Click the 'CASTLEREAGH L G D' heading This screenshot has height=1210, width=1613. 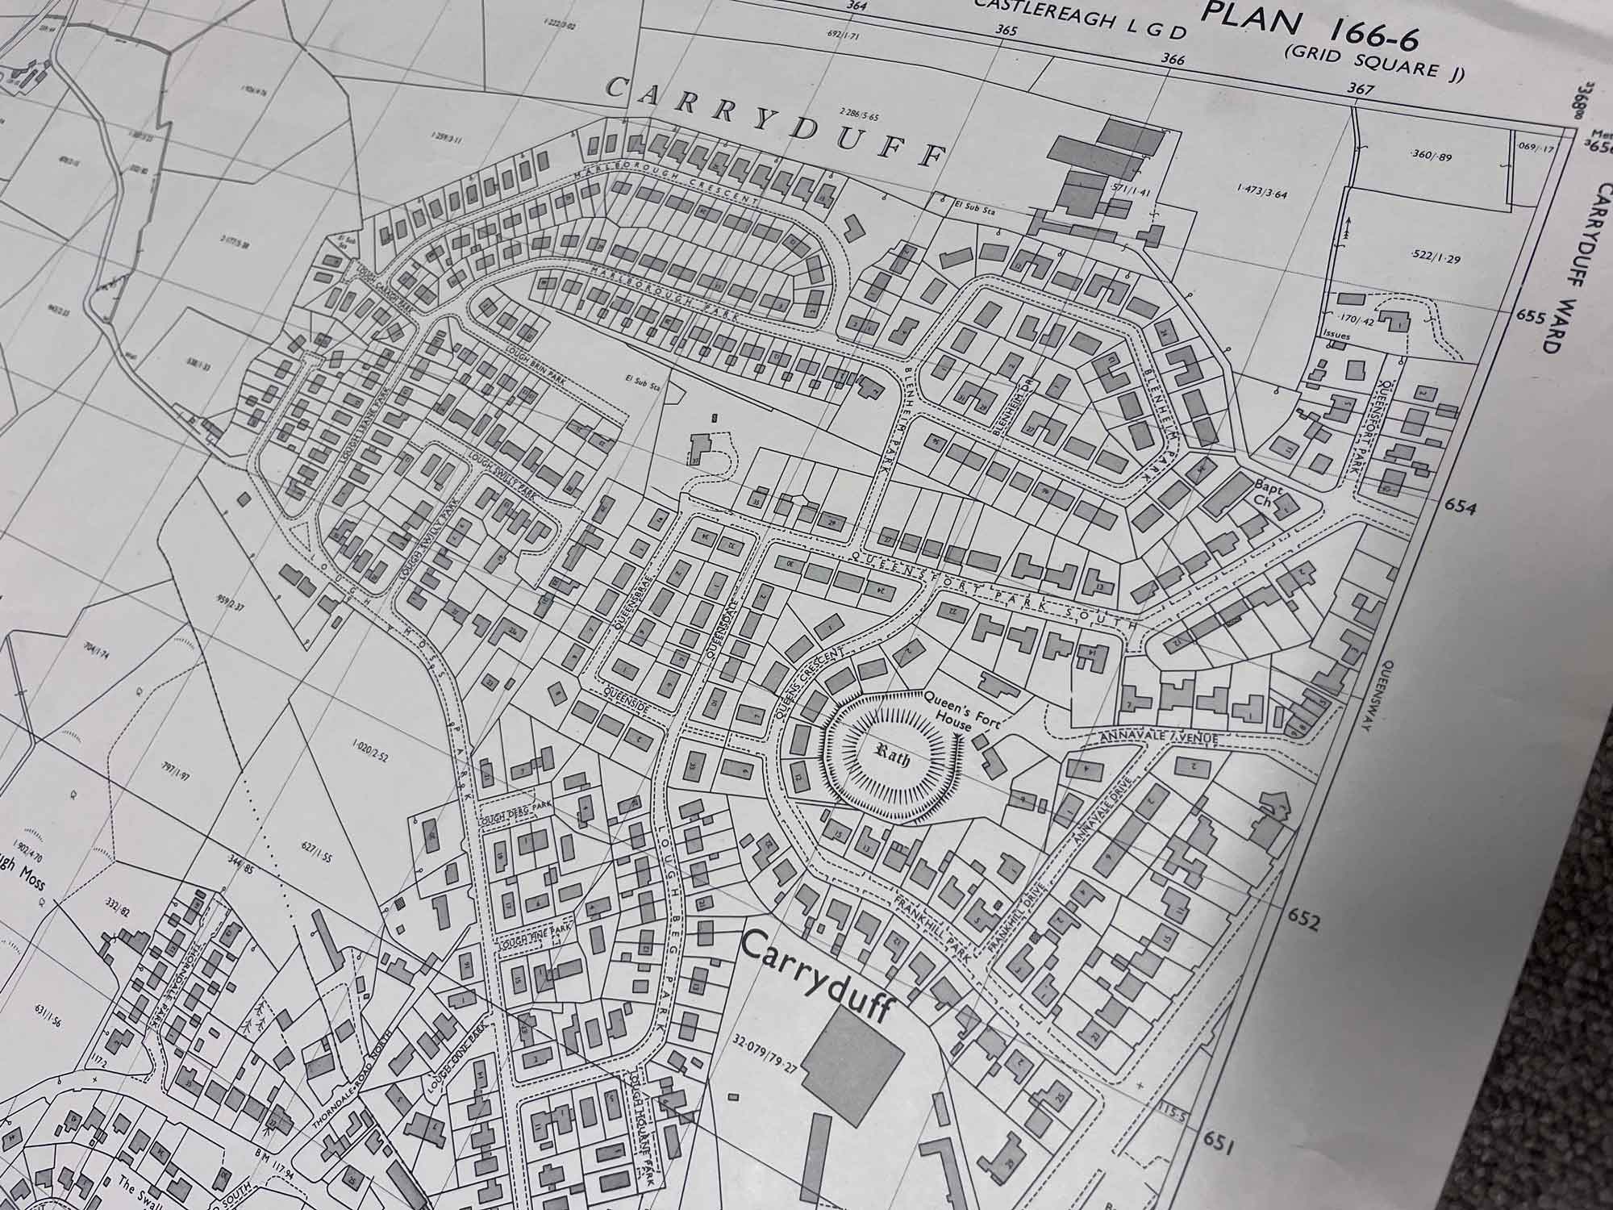[1081, 18]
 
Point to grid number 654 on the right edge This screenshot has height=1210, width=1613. [1460, 507]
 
